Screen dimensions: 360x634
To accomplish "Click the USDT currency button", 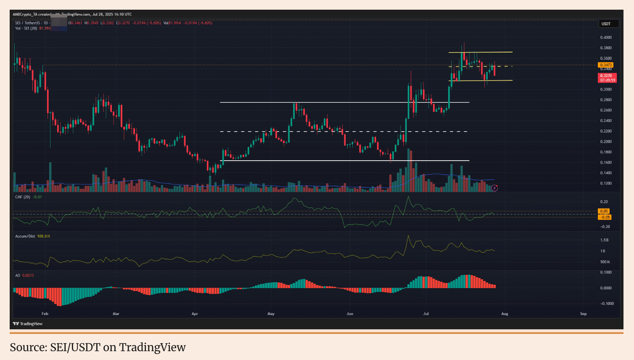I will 608,24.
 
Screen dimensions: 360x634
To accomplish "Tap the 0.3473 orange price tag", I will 606,65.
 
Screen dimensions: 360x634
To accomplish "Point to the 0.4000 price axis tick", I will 606,37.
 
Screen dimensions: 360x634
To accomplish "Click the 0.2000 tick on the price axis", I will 606,142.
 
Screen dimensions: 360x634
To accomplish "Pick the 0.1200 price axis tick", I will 606,183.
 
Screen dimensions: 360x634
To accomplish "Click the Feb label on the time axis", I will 45,314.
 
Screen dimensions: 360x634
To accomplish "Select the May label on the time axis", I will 271,314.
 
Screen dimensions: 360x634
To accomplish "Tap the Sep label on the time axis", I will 583,314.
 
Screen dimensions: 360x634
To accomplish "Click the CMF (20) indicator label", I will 23,197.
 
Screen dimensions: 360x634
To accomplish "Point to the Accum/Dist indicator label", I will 25,236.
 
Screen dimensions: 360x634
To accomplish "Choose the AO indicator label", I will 18,275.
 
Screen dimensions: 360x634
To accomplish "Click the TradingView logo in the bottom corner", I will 28,324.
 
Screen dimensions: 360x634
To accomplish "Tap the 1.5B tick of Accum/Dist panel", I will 604,240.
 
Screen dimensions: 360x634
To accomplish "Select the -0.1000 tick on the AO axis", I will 606,304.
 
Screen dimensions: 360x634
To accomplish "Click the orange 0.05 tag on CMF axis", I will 604,211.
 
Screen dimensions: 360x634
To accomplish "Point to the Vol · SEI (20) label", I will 26,28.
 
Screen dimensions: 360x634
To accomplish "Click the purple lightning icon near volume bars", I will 495,188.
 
